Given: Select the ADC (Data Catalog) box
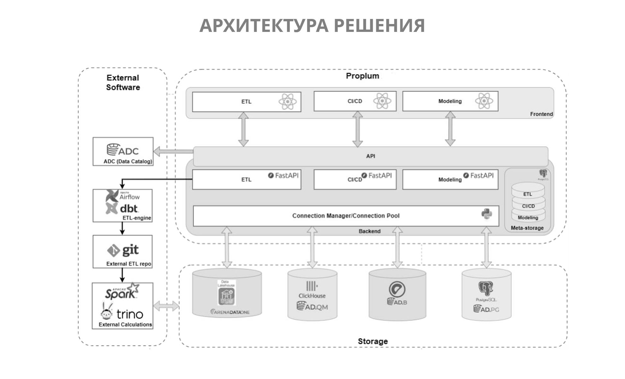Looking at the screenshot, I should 123,151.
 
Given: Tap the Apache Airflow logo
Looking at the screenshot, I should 112,196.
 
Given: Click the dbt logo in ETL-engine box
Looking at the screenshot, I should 111,209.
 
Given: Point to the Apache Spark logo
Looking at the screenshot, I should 122,292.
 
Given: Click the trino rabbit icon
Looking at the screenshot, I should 106,311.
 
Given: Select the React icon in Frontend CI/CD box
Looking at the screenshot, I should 382,101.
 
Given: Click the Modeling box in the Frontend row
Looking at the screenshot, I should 450,101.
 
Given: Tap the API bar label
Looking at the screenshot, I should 370,156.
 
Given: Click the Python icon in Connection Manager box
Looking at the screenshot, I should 486,214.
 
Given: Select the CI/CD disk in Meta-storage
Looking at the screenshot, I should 528,206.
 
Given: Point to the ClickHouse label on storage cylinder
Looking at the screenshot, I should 312,296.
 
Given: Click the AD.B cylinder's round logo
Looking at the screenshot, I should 397,289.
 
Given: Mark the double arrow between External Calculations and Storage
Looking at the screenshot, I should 166,306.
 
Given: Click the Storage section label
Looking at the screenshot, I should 372,341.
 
